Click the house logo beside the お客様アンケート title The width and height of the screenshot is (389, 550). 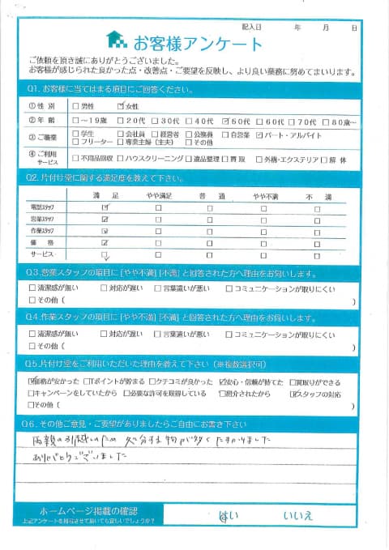point(118,41)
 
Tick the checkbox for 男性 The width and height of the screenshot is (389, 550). point(76,105)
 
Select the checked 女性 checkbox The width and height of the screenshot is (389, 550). point(121,105)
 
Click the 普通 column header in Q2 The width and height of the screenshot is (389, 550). point(210,195)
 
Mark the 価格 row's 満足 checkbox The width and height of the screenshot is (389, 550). point(105,242)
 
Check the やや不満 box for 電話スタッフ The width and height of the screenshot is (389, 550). point(262,208)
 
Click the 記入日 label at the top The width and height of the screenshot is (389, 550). point(247,27)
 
